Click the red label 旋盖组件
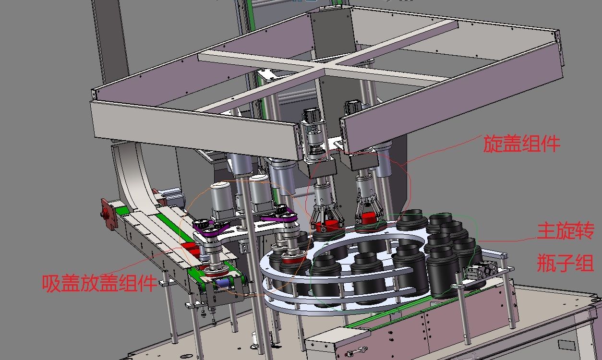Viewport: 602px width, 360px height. coord(522,144)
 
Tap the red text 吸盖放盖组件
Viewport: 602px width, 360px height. coord(99,283)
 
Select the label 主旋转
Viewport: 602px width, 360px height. coord(565,231)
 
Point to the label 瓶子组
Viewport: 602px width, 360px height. coord(565,263)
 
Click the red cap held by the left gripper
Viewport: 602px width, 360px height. coord(327,226)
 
